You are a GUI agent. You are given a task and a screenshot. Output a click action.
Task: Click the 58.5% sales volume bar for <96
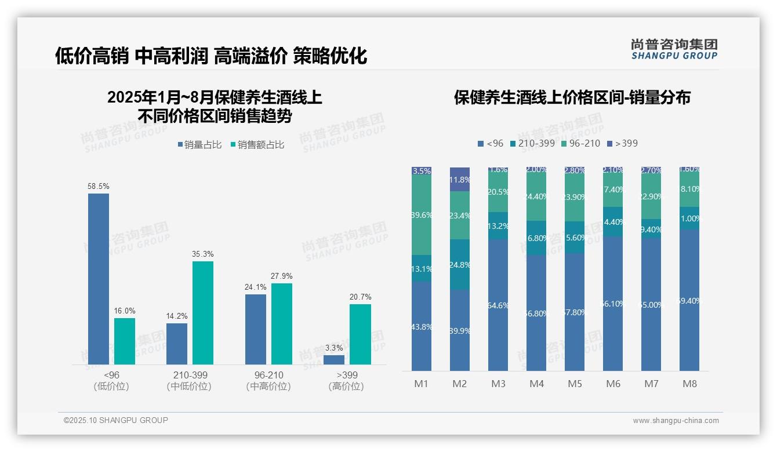pyautogui.click(x=99, y=279)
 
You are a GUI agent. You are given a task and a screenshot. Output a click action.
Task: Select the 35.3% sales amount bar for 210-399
pyautogui.click(x=203, y=313)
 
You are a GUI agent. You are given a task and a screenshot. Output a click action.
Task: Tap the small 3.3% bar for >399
pyautogui.click(x=334, y=360)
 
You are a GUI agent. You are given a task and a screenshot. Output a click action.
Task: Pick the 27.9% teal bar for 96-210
pyautogui.click(x=282, y=324)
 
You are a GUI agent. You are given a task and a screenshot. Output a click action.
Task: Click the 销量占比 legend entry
pyautogui.click(x=199, y=145)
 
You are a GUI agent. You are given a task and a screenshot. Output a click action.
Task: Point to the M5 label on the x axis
pyautogui.click(x=575, y=384)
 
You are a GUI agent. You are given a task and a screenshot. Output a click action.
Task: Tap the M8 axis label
pyautogui.click(x=689, y=384)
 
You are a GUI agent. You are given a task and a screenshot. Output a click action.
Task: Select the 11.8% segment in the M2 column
pyautogui.click(x=460, y=179)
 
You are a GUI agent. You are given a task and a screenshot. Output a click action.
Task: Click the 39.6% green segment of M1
pyautogui.click(x=422, y=215)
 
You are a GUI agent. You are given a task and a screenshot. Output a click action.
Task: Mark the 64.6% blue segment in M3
pyautogui.click(x=498, y=305)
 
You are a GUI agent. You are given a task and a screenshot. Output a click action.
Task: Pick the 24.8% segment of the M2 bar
pyautogui.click(x=460, y=264)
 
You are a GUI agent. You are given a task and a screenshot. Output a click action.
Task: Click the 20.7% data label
pyautogui.click(x=360, y=297)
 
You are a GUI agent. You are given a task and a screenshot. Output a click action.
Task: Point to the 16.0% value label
pyautogui.click(x=125, y=311)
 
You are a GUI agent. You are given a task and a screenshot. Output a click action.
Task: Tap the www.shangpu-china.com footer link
pyautogui.click(x=676, y=421)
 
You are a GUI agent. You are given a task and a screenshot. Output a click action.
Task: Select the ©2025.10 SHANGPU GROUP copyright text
pyautogui.click(x=116, y=420)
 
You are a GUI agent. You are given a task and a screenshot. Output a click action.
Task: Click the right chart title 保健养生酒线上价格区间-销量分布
pyautogui.click(x=572, y=98)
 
